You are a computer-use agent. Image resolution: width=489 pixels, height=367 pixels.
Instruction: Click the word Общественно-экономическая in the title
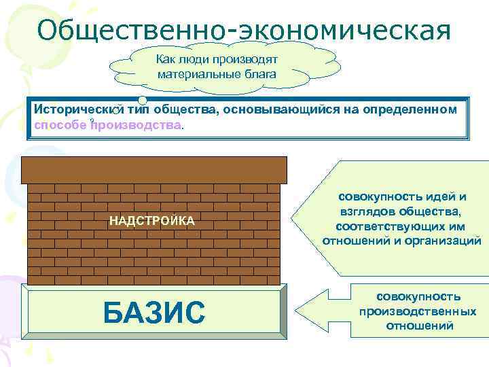click(x=244, y=29)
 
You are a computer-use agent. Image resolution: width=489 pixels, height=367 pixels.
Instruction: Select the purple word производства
click(x=136, y=125)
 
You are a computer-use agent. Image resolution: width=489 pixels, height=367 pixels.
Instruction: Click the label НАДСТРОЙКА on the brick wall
click(x=152, y=221)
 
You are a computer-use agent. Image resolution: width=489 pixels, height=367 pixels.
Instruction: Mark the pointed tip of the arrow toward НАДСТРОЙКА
click(x=293, y=220)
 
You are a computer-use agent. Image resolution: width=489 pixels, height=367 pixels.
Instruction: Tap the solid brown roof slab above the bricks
click(x=154, y=169)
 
